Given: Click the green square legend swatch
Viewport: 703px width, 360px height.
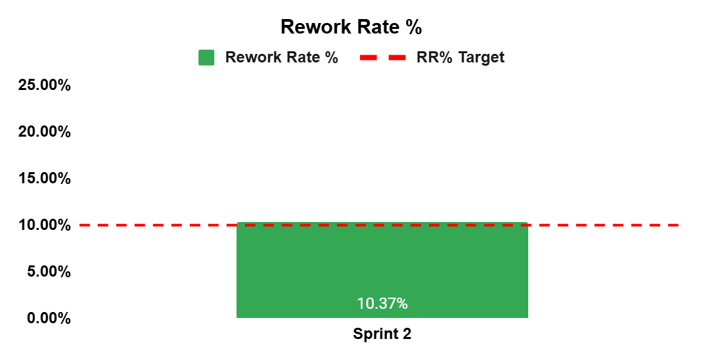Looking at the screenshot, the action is click(x=206, y=57).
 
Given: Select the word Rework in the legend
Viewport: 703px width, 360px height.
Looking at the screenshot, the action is click(x=253, y=57).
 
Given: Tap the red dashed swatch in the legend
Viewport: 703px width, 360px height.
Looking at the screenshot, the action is click(x=382, y=57).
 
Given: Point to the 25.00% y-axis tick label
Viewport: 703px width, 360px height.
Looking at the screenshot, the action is click(x=45, y=85).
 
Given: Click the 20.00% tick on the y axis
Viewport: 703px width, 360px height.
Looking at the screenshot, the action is click(x=45, y=131).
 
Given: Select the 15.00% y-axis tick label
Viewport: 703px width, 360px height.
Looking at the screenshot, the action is click(x=45, y=178).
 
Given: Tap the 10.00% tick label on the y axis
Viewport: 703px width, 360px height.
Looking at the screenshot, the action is click(x=45, y=225).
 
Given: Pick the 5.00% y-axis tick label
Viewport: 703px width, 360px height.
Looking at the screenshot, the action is click(x=49, y=271).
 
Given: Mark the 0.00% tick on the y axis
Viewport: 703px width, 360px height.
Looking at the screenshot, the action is click(x=49, y=318).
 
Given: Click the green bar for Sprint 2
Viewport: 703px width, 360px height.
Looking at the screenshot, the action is click(x=382, y=270).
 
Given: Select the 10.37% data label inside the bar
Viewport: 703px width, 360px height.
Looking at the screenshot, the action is click(x=382, y=304).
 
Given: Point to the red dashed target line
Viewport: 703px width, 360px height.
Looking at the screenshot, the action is click(x=379, y=225).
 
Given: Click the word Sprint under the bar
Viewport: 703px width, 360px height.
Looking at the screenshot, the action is click(x=374, y=334).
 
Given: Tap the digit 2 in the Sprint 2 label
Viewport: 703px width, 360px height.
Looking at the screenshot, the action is click(x=406, y=334).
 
